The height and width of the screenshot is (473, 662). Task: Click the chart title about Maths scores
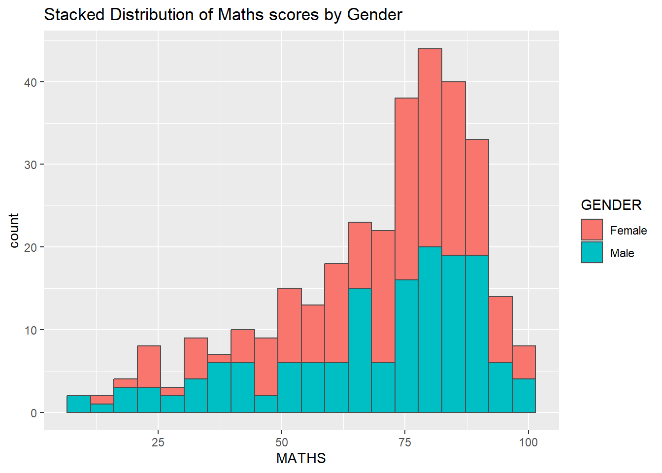click(x=223, y=14)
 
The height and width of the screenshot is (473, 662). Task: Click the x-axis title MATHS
click(x=301, y=459)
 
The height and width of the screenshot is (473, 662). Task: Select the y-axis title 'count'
click(x=14, y=230)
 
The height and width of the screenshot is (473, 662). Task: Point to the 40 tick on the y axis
click(x=31, y=82)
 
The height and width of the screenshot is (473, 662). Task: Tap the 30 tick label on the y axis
click(x=31, y=165)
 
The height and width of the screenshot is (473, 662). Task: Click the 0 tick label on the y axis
click(x=33, y=413)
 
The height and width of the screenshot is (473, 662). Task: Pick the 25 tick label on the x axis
click(x=158, y=442)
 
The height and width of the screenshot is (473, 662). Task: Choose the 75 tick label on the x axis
click(x=405, y=442)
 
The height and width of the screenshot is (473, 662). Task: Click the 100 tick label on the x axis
click(x=529, y=442)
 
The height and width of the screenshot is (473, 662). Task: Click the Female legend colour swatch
click(x=592, y=230)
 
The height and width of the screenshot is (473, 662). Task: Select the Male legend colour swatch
click(x=592, y=252)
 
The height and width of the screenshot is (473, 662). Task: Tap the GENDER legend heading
click(x=611, y=205)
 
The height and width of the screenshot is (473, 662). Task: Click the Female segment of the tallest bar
click(x=430, y=148)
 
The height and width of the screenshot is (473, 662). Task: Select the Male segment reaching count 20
click(x=430, y=330)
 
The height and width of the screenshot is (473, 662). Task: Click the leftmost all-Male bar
click(x=79, y=404)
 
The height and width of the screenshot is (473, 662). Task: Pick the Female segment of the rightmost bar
click(x=524, y=362)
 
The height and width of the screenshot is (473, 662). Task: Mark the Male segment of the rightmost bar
click(x=524, y=396)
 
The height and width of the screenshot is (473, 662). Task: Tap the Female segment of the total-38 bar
click(x=407, y=189)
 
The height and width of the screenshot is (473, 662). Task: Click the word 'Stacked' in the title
click(x=74, y=14)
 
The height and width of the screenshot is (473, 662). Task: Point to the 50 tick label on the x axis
click(x=282, y=442)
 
